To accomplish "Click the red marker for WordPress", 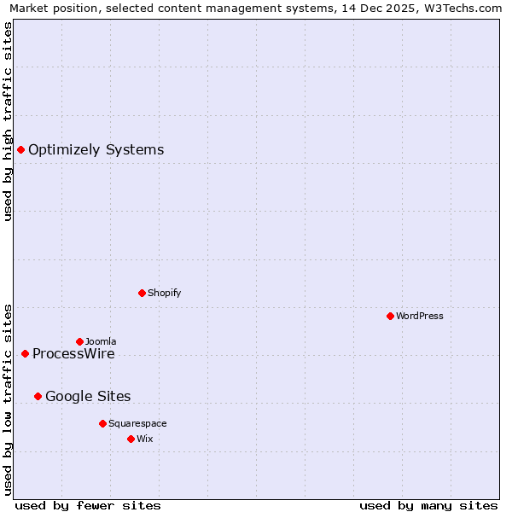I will [390, 316].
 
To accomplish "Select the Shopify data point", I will [142, 293].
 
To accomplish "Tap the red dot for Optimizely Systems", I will [20, 150].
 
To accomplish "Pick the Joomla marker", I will [79, 341].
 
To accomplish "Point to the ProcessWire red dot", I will [25, 353].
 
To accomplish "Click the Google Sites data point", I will [38, 396].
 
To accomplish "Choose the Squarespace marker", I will [102, 423].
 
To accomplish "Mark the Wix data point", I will [131, 439].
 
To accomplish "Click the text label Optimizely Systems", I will [96, 150].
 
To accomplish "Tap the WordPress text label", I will [419, 316].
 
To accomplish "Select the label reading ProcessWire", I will [73, 354].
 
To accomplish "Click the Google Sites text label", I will [88, 396].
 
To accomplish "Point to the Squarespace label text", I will [137, 423].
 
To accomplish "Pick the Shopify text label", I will [164, 293].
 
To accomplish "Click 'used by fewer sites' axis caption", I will [88, 505].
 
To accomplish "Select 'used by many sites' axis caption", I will [428, 505].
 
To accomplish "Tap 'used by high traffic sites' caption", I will [8, 121].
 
